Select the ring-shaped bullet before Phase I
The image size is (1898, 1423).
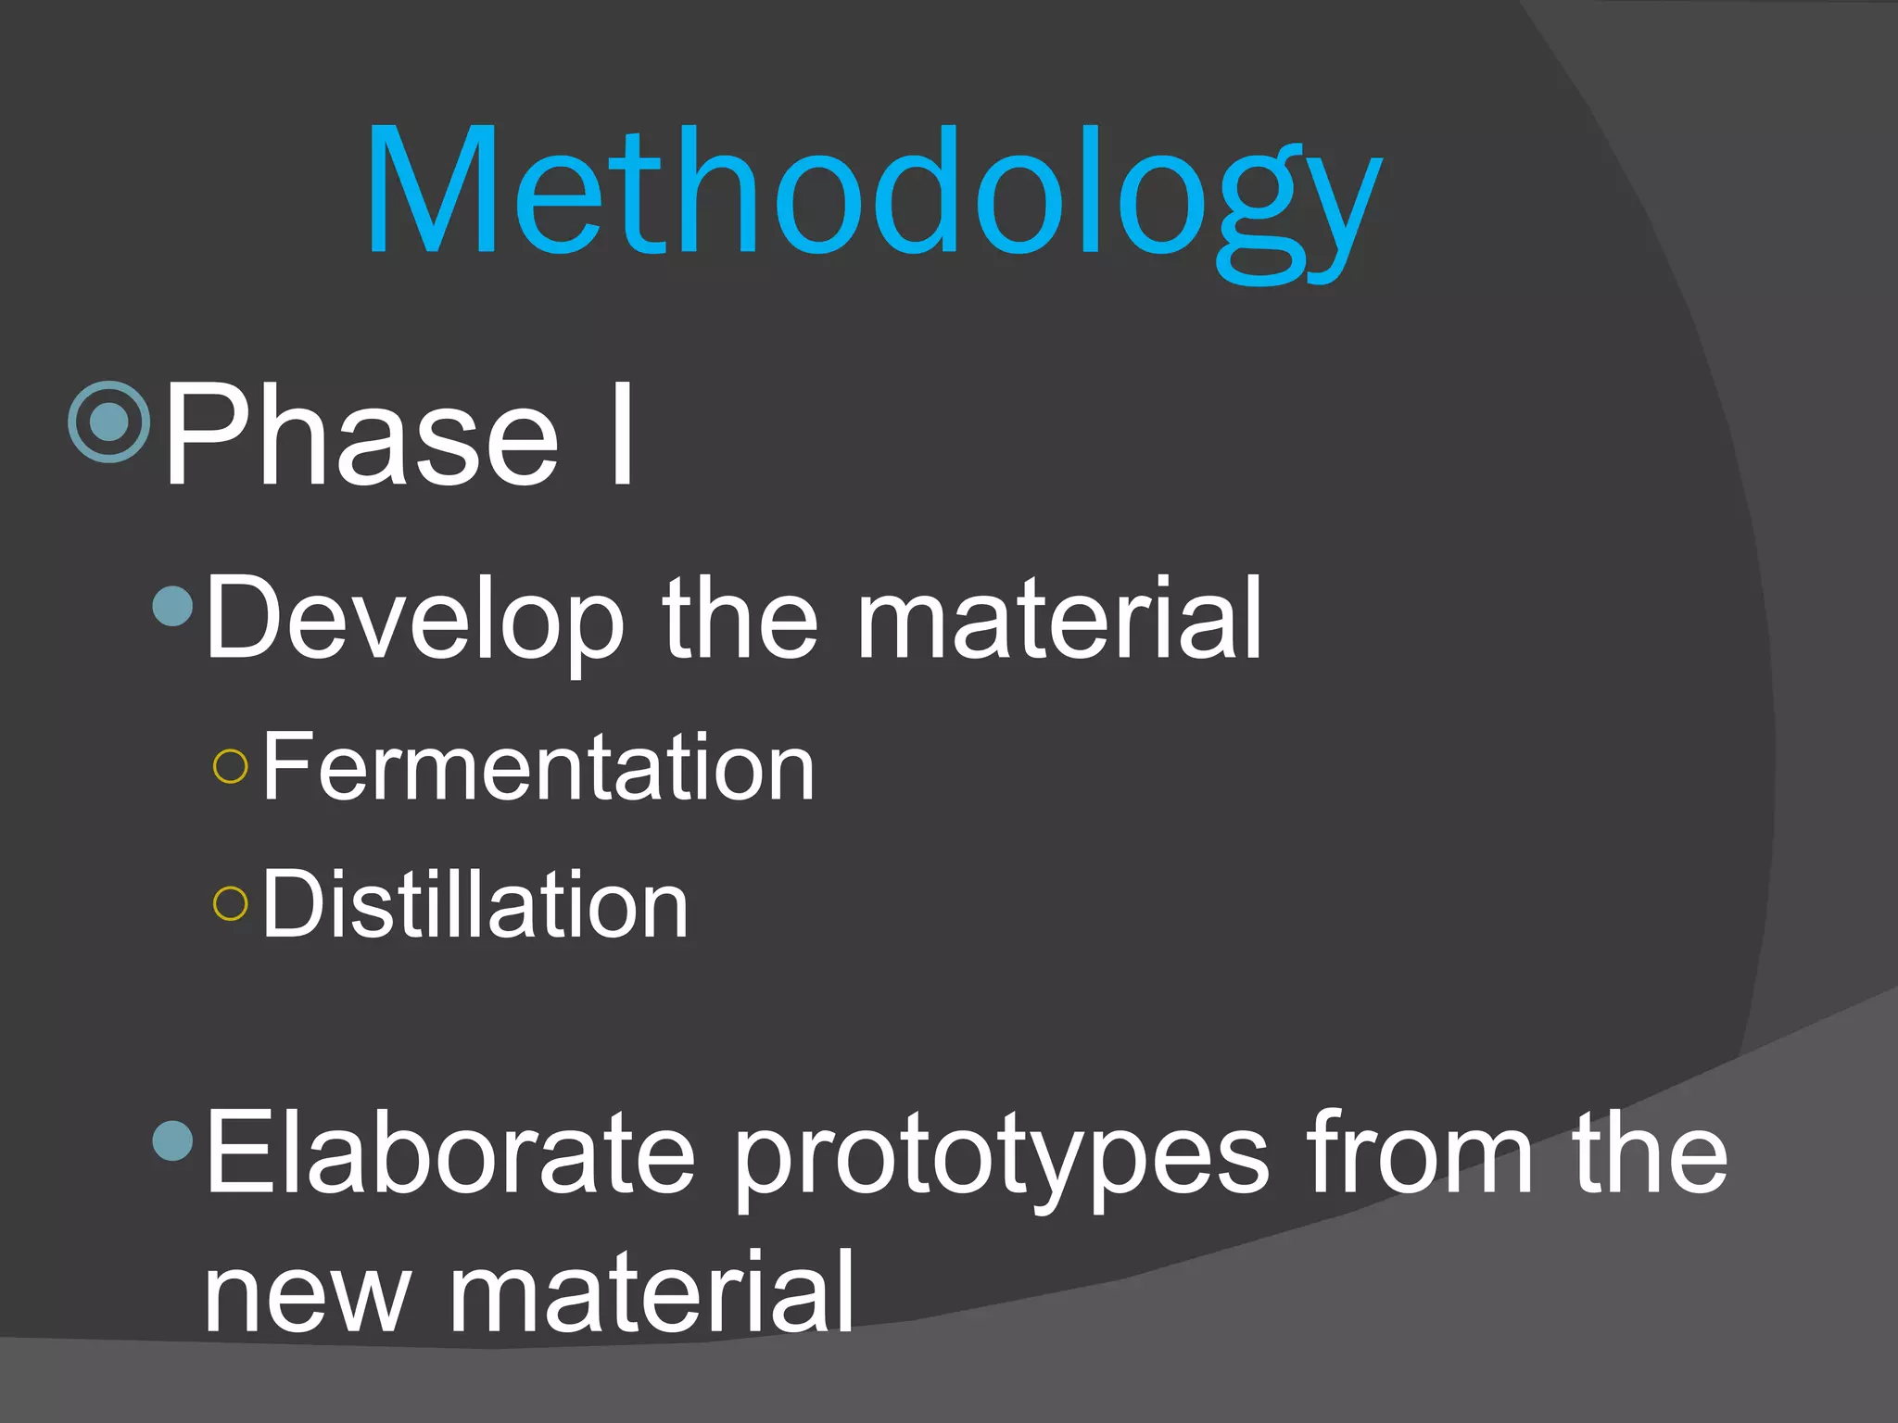click(109, 422)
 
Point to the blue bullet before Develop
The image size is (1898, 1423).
click(172, 606)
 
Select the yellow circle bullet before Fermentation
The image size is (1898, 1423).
click(230, 767)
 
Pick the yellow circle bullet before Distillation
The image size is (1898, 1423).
click(230, 904)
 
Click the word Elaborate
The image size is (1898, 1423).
click(449, 1153)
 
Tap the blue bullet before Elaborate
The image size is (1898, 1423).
click(172, 1140)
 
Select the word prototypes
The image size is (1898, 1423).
click(1001, 1158)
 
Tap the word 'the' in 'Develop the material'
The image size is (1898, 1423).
click(740, 619)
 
